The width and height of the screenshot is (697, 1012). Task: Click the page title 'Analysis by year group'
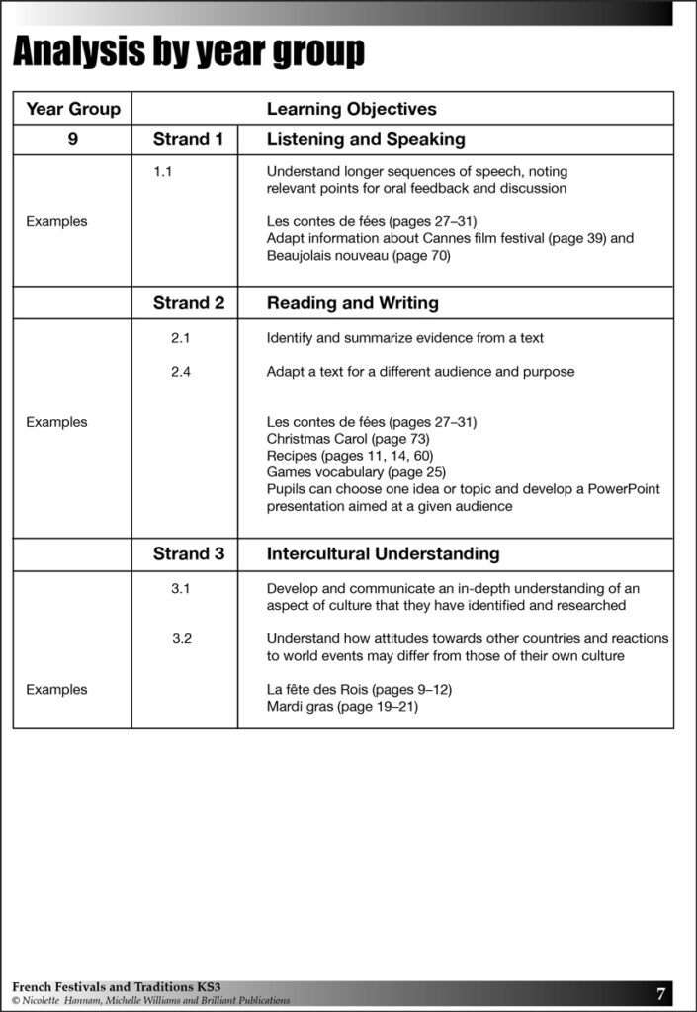pyautogui.click(x=188, y=51)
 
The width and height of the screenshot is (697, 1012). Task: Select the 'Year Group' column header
pyautogui.click(x=73, y=109)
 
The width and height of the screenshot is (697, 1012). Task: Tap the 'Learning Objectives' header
pyautogui.click(x=351, y=109)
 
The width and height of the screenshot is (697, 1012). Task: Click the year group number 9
pyautogui.click(x=72, y=139)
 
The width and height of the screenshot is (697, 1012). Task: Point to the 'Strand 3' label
pyautogui.click(x=188, y=554)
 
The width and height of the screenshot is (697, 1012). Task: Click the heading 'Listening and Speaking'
pyautogui.click(x=366, y=139)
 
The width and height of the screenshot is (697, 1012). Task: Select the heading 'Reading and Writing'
pyautogui.click(x=352, y=303)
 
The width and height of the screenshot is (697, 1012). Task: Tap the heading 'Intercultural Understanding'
pyautogui.click(x=383, y=554)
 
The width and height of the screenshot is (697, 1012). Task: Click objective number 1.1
pyautogui.click(x=163, y=172)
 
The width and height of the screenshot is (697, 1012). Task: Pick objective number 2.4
pyautogui.click(x=180, y=372)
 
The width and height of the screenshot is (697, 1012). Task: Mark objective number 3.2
pyautogui.click(x=181, y=638)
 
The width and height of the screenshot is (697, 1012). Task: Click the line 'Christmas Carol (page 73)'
pyautogui.click(x=348, y=439)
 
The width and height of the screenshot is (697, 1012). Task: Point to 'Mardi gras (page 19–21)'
pyautogui.click(x=342, y=707)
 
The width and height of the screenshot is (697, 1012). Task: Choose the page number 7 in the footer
pyautogui.click(x=660, y=993)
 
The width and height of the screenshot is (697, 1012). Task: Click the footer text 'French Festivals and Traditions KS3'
pyautogui.click(x=116, y=987)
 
